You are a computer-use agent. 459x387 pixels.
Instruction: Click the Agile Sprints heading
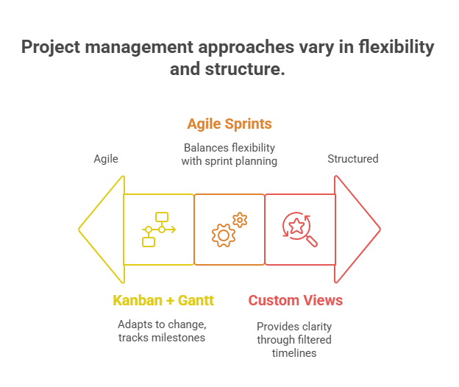[229, 124]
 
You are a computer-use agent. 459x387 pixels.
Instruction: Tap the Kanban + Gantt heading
[163, 300]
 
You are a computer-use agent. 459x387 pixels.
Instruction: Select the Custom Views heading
[295, 300]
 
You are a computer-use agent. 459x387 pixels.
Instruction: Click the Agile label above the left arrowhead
[106, 159]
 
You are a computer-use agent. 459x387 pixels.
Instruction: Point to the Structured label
[353, 159]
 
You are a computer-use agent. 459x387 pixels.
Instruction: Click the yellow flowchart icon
[158, 230]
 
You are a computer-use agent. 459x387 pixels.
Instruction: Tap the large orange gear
[223, 235]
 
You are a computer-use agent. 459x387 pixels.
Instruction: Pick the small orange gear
[240, 219]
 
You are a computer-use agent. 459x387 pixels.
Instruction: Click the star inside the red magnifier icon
[296, 226]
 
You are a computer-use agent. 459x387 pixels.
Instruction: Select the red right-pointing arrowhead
[357, 230]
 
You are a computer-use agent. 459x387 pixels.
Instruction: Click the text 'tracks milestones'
[163, 337]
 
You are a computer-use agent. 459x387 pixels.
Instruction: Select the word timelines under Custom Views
[294, 353]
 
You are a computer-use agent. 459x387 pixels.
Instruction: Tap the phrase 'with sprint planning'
[229, 160]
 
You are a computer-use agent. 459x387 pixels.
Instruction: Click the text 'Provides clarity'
[294, 326]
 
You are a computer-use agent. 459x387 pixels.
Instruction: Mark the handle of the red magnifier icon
[312, 241]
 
